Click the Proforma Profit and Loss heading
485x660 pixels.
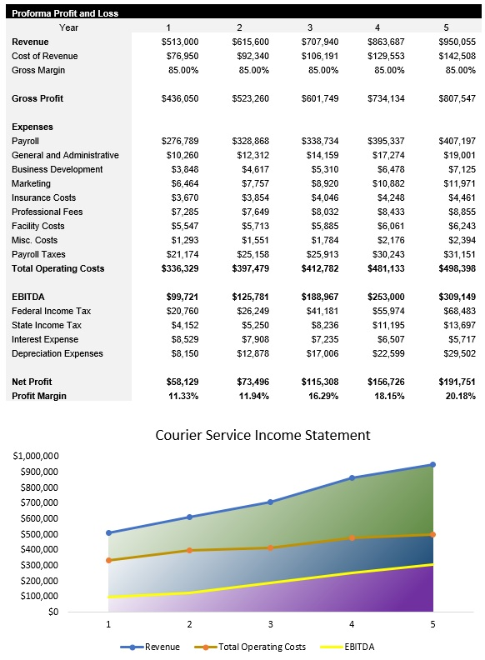[65, 13]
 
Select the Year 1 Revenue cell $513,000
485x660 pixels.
[180, 42]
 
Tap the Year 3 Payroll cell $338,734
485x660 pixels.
[320, 141]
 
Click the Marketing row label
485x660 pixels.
[31, 183]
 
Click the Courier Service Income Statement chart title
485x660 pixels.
[262, 435]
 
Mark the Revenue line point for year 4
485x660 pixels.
[352, 477]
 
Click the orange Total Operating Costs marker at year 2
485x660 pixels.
[189, 550]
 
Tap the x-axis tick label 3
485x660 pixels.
[270, 623]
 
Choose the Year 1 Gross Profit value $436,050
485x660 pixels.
[180, 98]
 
